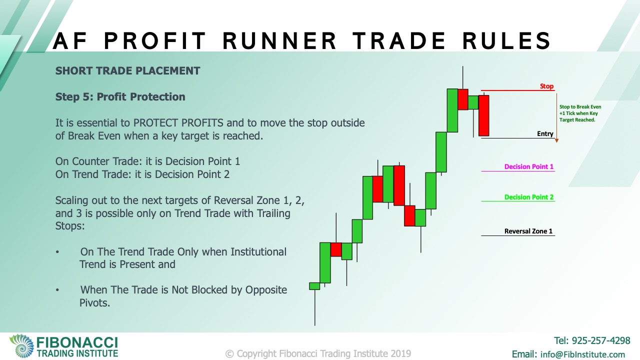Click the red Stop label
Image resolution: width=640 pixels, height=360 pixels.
[546, 86]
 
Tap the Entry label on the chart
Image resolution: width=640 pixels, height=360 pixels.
[545, 133]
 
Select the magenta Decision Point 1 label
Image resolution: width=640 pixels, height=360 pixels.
[529, 166]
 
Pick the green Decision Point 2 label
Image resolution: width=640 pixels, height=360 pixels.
[529, 197]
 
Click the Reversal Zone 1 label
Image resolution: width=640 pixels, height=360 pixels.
[528, 231]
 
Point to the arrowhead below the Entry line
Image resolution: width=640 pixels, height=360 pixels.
[556, 140]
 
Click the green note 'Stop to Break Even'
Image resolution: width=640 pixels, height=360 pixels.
[580, 107]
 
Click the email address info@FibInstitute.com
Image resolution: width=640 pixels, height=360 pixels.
[582, 354]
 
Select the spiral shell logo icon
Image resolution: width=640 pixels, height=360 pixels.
[21, 345]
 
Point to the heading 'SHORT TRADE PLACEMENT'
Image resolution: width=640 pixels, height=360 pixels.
[127, 71]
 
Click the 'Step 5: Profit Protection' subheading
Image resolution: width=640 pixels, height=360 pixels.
[120, 97]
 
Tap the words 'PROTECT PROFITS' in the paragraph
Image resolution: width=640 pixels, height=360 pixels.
[178, 123]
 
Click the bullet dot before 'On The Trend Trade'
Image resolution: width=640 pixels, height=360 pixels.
[57, 252]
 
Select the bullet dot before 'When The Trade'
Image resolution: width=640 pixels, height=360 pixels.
[57, 290]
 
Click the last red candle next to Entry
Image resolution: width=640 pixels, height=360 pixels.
[483, 115]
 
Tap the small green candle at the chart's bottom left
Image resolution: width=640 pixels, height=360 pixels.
[314, 286]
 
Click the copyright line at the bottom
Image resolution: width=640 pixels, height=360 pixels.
[318, 353]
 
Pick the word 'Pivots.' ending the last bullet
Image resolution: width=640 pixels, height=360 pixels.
[95, 303]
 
